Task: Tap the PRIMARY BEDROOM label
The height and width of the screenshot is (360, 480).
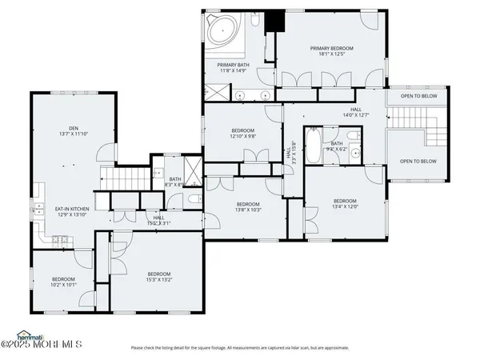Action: pyautogui.click(x=332, y=49)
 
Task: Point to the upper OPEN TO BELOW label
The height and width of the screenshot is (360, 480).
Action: pyautogui.click(x=418, y=95)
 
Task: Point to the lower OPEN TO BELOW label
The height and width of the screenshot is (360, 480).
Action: pyautogui.click(x=418, y=162)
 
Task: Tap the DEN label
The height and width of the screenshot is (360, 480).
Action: pyautogui.click(x=73, y=128)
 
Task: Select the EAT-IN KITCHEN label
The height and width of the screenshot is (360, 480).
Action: pyautogui.click(x=71, y=210)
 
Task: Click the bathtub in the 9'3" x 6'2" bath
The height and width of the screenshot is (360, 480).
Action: pyautogui.click(x=316, y=147)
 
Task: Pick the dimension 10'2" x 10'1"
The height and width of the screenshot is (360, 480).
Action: pyautogui.click(x=64, y=284)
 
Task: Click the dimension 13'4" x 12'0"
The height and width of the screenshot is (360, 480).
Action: pyautogui.click(x=345, y=206)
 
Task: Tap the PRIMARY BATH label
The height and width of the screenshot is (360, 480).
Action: pyautogui.click(x=231, y=64)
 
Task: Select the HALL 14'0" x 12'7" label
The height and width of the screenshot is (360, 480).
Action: pyautogui.click(x=356, y=113)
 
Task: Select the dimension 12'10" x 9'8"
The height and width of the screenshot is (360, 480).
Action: pyautogui.click(x=243, y=136)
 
